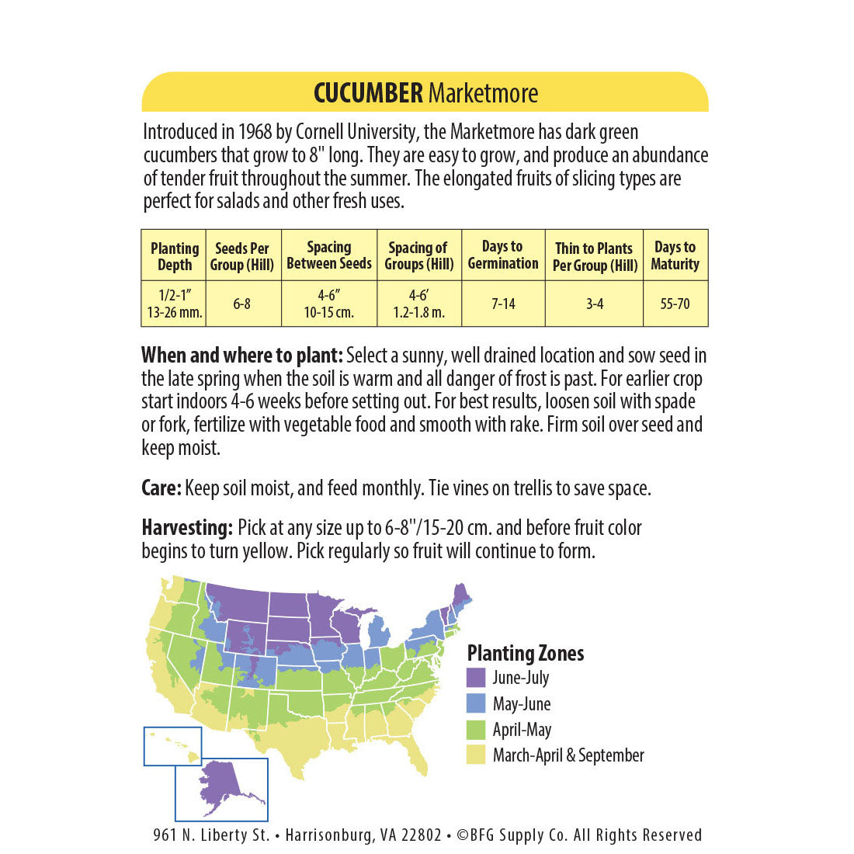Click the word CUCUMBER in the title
click(x=368, y=93)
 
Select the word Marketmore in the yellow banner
click(x=483, y=93)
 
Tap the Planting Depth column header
click(x=174, y=256)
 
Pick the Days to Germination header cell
click(x=503, y=255)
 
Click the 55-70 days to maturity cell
click(x=675, y=304)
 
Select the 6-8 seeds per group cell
click(x=242, y=304)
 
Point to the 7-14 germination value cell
click(x=503, y=304)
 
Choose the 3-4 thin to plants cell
click(x=594, y=304)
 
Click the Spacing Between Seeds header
click(x=329, y=255)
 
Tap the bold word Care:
click(x=161, y=488)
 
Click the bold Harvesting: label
click(x=187, y=528)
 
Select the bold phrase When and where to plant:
click(x=242, y=356)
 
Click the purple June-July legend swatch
click(x=476, y=678)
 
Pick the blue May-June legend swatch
click(x=476, y=703)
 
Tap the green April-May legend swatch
click(x=476, y=729)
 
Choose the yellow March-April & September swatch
click(x=476, y=755)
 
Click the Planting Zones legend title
click(x=526, y=653)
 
